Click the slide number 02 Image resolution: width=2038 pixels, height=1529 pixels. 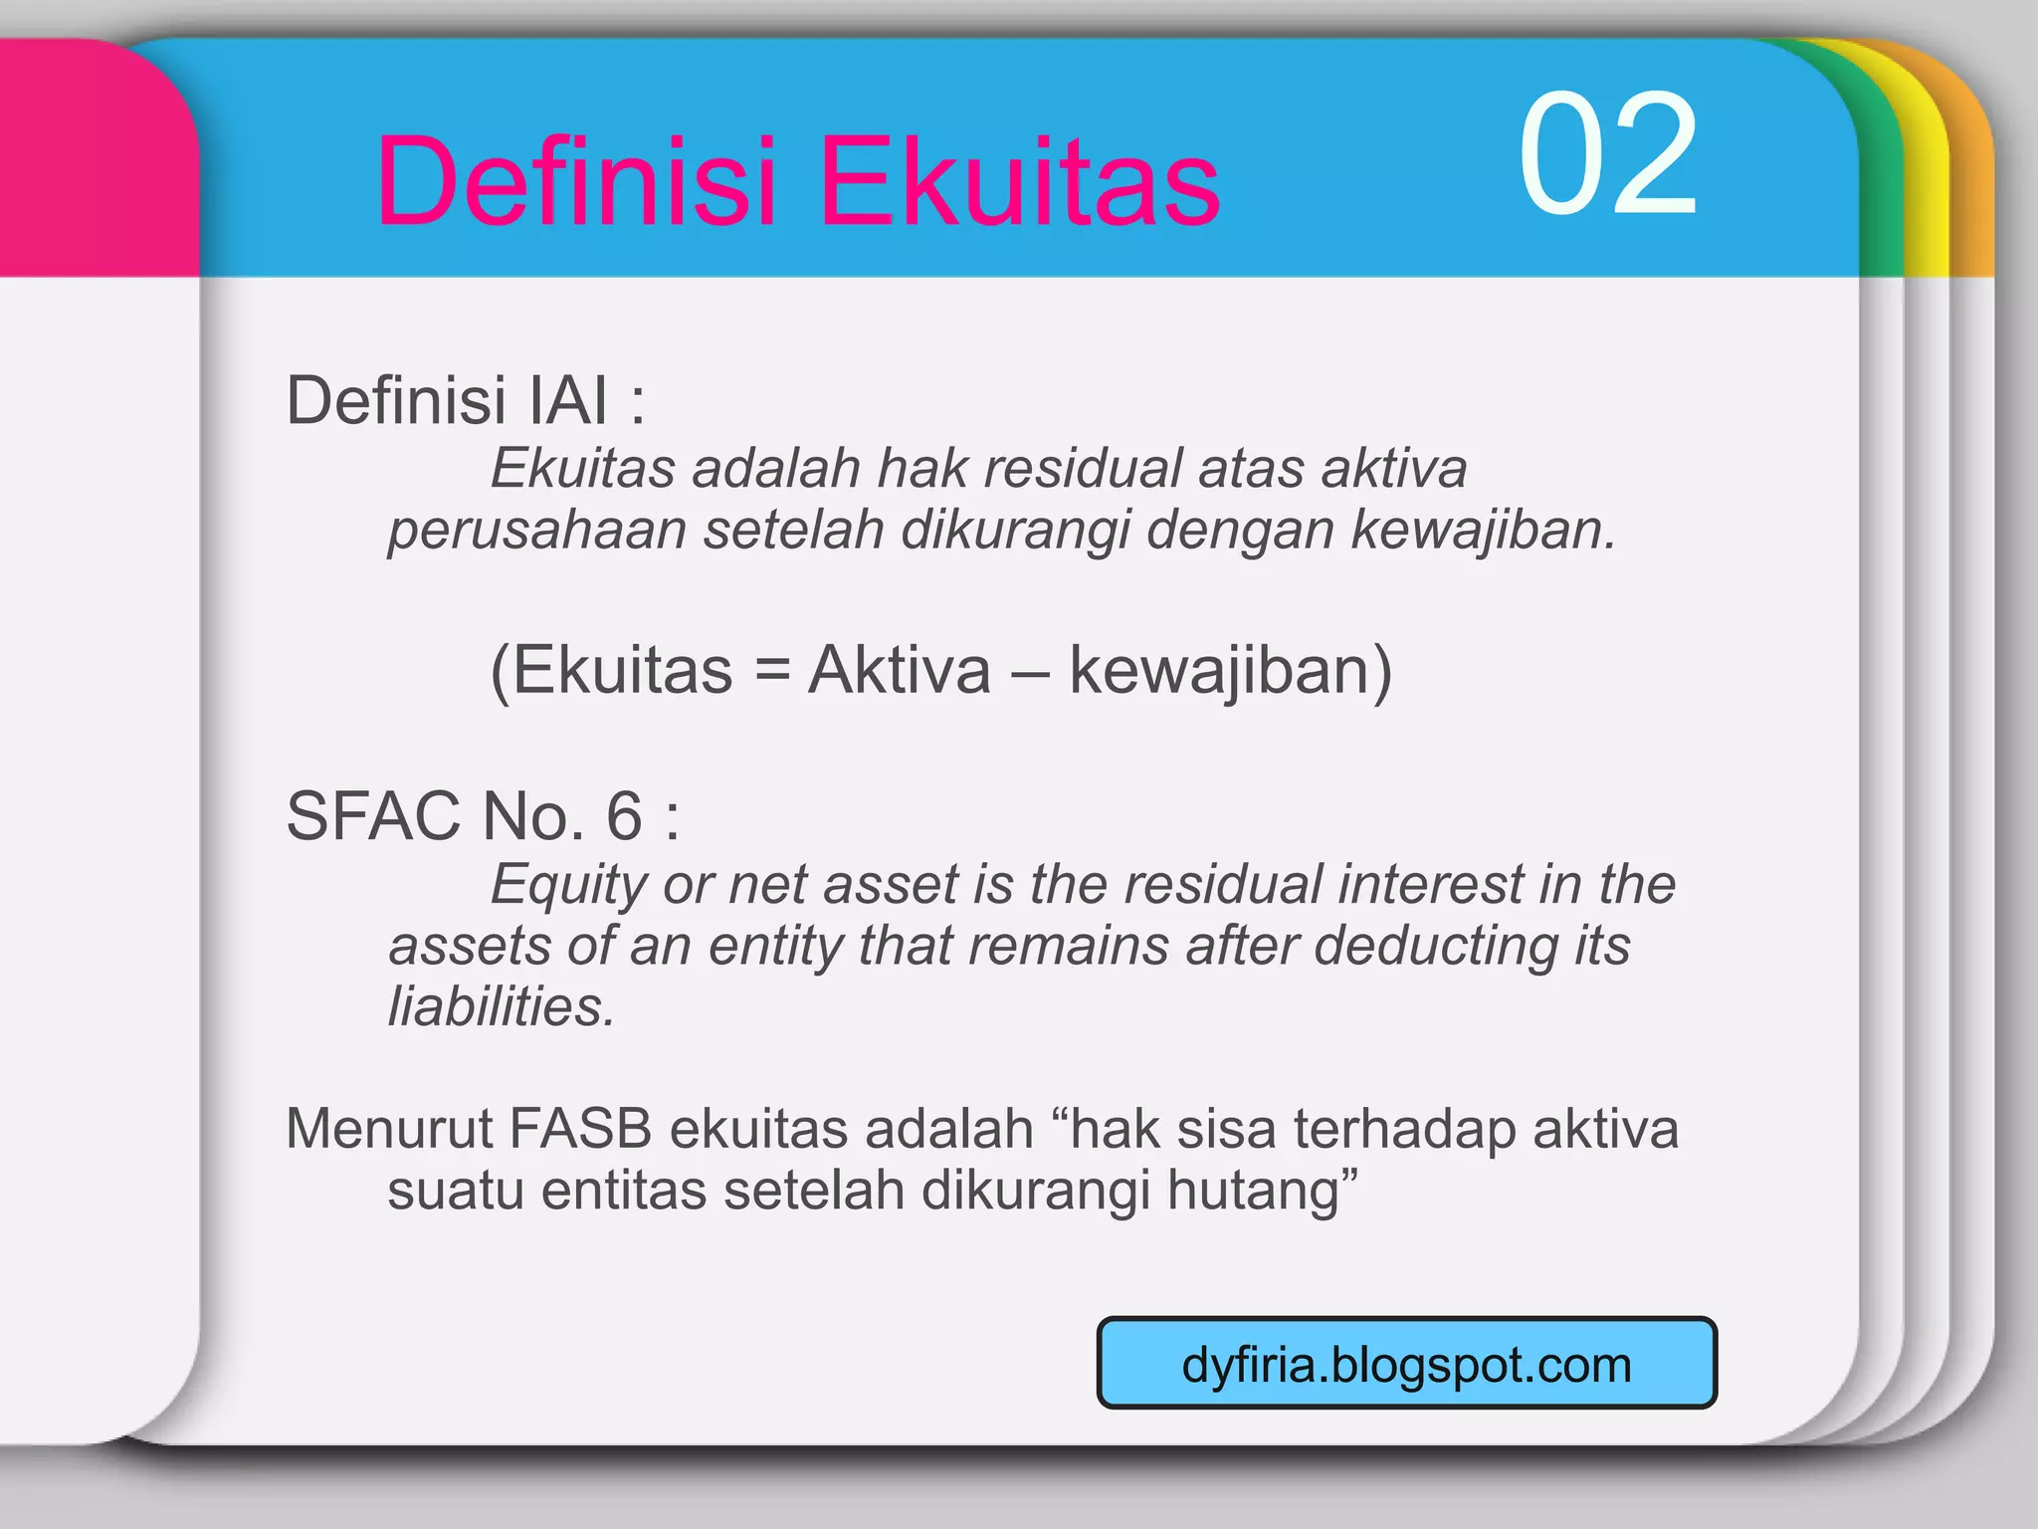pyautogui.click(x=1606, y=155)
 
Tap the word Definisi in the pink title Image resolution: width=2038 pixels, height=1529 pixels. pyautogui.click(x=575, y=182)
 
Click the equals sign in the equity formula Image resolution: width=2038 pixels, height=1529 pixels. pyautogui.click(x=771, y=670)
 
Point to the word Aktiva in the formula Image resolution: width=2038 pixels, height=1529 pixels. pyautogui.click(x=899, y=670)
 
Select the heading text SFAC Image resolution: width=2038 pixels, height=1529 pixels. pyautogui.click(x=373, y=816)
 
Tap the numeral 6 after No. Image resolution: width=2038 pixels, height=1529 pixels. pyautogui.click(x=624, y=816)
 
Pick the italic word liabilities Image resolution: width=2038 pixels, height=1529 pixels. pyautogui.click(x=501, y=1006)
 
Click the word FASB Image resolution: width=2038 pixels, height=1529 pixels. pyautogui.click(x=580, y=1129)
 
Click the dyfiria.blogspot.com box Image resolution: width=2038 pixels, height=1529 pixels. pyautogui.click(x=1406, y=1364)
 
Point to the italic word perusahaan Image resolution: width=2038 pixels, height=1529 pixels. pyautogui.click(x=536, y=529)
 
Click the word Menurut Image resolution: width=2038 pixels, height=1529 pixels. pyautogui.click(x=389, y=1129)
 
